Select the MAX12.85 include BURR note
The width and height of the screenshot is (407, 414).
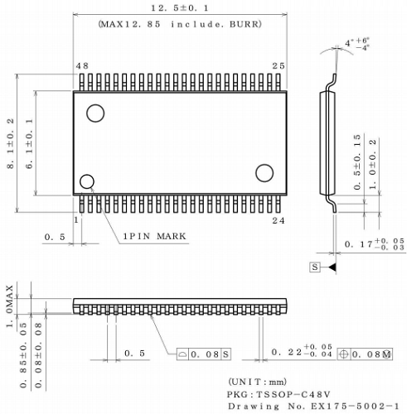(180, 24)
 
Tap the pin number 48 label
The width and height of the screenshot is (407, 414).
(81, 65)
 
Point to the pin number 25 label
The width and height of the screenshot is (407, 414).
(279, 65)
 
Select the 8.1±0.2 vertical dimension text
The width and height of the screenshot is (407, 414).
(11, 144)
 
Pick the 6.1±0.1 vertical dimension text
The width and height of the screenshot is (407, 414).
(30, 144)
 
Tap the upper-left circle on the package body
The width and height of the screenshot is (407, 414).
(97, 112)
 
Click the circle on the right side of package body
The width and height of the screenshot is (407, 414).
(264, 172)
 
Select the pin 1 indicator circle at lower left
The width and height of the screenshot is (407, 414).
(86, 181)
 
